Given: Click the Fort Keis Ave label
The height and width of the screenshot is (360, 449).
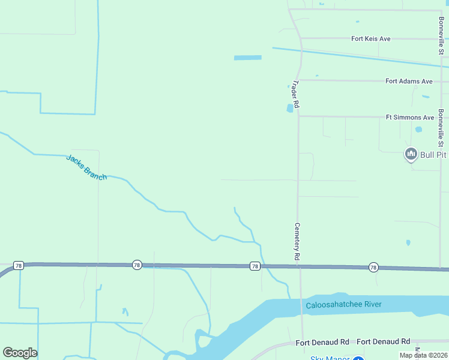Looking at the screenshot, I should coord(370,39).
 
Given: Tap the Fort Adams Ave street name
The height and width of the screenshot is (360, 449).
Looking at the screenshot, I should coord(409,81).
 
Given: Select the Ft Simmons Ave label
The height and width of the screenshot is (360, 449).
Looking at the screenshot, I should coord(409,118).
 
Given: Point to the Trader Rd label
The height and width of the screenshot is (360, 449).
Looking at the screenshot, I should coord(295,95).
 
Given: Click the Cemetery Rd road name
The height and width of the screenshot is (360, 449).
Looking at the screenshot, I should coord(297,241).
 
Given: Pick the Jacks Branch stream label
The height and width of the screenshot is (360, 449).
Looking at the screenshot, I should coord(86,167).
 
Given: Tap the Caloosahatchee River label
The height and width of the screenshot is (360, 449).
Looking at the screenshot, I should coord(343,305).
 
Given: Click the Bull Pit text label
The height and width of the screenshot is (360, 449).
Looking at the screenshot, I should coord(433,155).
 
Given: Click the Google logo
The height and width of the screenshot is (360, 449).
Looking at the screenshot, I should coord(20,353).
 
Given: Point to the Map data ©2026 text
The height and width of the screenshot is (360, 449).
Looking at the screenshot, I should coord(424,355).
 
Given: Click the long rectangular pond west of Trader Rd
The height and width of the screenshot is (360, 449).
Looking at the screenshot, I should coord(248,58).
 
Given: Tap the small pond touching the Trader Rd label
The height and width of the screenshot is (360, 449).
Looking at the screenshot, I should coord(291,109).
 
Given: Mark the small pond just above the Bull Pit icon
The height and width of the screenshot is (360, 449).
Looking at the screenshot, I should coord(418,129).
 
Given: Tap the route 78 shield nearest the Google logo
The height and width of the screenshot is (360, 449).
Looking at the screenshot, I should coord(18,265).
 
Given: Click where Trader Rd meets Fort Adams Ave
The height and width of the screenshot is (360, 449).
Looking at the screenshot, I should coord(300,80).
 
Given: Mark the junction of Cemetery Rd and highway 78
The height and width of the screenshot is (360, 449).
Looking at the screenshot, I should coord(299,266).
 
